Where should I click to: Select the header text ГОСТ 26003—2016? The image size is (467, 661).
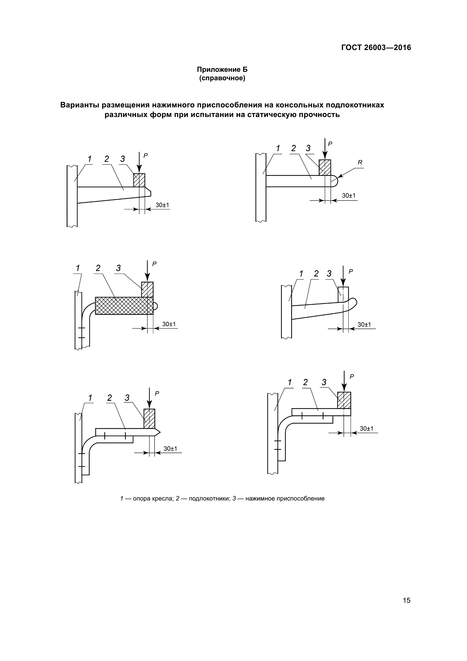click(376, 47)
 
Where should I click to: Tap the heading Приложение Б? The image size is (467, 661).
click(222, 70)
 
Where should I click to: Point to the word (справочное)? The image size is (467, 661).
click(222, 78)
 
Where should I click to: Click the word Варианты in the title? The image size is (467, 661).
click(79, 105)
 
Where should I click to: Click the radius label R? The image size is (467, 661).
click(360, 163)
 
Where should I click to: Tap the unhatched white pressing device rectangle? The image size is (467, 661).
click(343, 294)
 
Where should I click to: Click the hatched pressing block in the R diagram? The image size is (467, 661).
click(325, 167)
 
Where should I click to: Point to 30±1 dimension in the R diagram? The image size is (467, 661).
click(348, 196)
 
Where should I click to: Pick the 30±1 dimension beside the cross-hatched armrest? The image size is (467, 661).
click(169, 324)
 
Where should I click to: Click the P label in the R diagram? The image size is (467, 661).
click(330, 143)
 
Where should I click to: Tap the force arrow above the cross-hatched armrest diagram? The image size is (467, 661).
click(147, 271)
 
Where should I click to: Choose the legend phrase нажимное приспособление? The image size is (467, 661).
click(285, 499)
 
